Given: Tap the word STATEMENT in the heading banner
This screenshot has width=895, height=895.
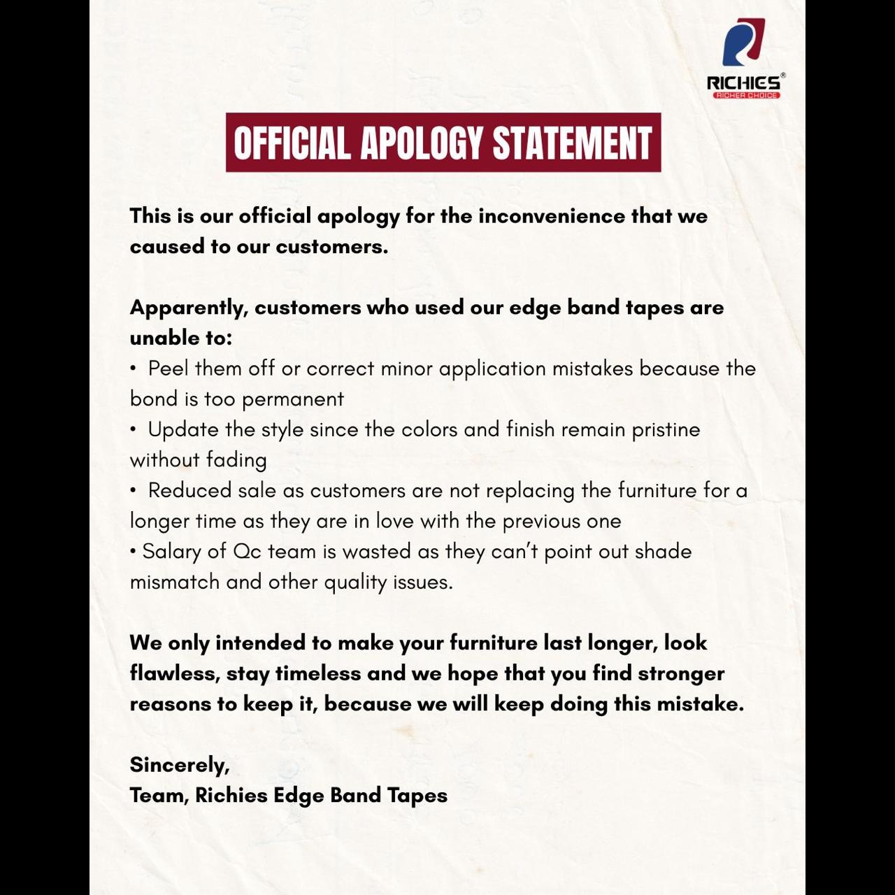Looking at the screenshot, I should click(x=572, y=143).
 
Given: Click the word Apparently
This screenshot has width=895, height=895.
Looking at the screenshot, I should click(x=188, y=308).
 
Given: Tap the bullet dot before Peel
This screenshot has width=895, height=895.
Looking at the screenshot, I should click(x=133, y=368).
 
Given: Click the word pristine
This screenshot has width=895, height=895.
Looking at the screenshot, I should click(x=666, y=429).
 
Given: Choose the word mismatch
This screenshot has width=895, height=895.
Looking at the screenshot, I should click(x=174, y=582).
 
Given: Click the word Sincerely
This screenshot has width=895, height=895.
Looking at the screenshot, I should click(x=179, y=765).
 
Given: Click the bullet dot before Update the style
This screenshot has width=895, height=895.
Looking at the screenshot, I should click(x=133, y=429).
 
